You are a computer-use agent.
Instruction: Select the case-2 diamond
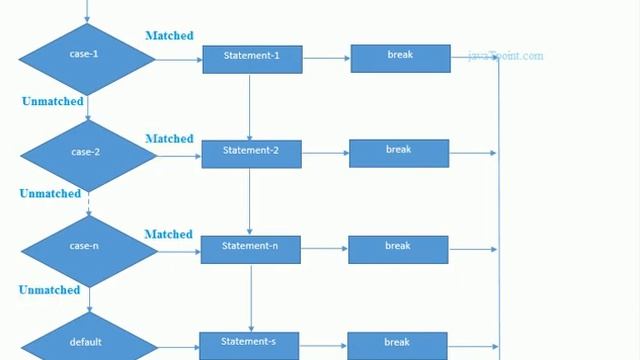(87, 153)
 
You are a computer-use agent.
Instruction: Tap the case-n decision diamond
(87, 247)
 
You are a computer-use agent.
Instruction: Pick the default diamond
(87, 341)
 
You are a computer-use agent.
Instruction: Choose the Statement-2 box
(251, 153)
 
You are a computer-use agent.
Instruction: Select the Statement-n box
(250, 248)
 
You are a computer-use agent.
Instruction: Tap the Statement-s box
(250, 344)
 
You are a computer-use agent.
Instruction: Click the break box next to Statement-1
(399, 58)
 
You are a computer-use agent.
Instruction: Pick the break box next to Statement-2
(398, 153)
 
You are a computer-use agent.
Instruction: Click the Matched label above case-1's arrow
(169, 36)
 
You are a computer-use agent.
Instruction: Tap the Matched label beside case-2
(169, 138)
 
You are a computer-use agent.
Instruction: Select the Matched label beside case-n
(168, 234)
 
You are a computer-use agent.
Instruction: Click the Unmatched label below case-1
(51, 102)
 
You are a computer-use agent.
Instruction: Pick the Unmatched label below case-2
(50, 194)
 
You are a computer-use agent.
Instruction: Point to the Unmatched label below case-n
(49, 290)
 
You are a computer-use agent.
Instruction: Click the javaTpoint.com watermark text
(506, 57)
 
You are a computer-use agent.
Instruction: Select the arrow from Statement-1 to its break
(326, 58)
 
